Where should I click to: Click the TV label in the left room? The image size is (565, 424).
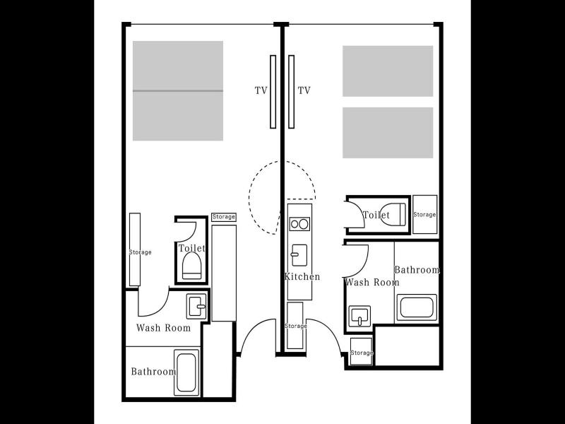coord(261,90)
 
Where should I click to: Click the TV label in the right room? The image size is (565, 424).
coord(304,90)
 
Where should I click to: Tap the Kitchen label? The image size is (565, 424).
coord(302,276)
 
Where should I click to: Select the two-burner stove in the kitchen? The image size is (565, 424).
coord(299,224)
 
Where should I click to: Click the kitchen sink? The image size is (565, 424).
coord(299,255)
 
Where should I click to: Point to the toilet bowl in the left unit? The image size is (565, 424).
coord(191,266)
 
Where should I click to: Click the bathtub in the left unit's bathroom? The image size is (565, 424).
coord(186,372)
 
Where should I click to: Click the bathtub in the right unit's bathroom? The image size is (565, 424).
coord(417,307)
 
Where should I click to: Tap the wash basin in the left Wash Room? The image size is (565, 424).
coord(196,307)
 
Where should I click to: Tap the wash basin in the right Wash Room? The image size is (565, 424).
coord(359,316)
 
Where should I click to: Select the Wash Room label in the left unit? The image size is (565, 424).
coord(164,328)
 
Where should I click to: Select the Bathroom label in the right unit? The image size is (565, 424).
coord(417,270)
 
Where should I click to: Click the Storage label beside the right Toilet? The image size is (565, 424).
coord(424,215)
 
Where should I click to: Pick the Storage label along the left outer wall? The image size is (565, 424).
coord(140,252)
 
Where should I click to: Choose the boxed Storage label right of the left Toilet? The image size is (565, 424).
coord(224,217)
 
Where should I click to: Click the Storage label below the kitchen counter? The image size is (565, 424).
coord(296,326)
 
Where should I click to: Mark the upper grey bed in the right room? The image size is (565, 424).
coord(388,71)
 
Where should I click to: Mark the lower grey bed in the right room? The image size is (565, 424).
coord(388,133)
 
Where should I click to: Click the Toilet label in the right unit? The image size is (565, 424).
coord(376,215)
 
